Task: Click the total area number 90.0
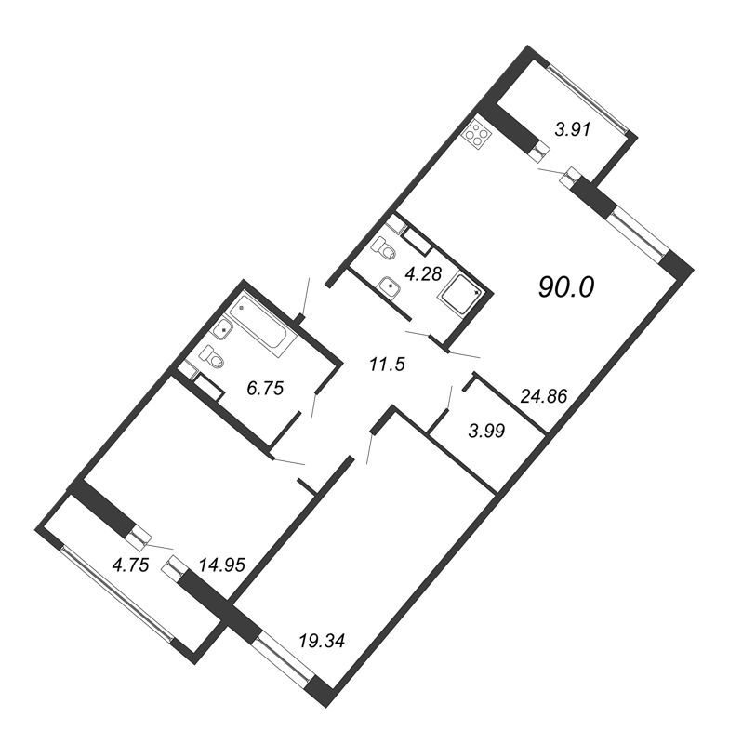click(565, 288)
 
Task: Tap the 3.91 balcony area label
click(574, 131)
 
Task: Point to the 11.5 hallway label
click(388, 365)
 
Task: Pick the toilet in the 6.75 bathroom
click(212, 358)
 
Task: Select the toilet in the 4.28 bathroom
click(383, 249)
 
